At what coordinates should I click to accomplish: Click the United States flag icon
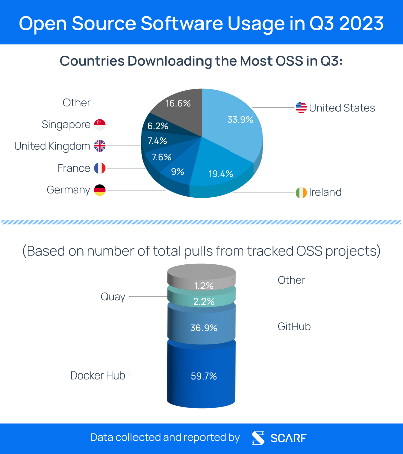tap(301, 107)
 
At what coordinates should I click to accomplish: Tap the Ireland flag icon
tap(301, 192)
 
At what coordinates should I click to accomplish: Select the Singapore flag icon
tap(100, 124)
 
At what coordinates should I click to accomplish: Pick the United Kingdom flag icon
tap(100, 146)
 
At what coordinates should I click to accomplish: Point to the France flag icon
tap(100, 168)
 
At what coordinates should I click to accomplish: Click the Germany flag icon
tap(100, 190)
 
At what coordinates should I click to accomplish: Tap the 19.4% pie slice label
tap(221, 174)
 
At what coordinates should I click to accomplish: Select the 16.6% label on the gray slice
tap(178, 103)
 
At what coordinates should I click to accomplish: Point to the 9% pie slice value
tap(177, 171)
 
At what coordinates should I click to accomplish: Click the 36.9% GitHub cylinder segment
tap(201, 328)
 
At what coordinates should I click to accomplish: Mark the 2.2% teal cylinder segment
tap(201, 301)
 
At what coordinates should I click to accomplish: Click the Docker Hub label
tap(98, 375)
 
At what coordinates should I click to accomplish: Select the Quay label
tap(113, 297)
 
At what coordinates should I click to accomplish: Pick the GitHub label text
tap(294, 326)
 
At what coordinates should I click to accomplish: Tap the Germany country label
tap(69, 190)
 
